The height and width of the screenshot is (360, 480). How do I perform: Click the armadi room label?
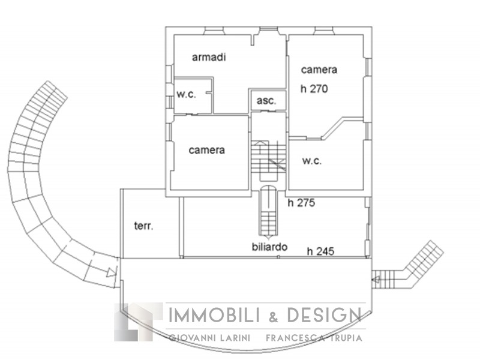pyautogui.click(x=209, y=57)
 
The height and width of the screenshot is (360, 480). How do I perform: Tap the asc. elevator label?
pyautogui.click(x=266, y=101)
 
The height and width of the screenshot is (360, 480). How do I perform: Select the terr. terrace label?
pyautogui.click(x=143, y=226)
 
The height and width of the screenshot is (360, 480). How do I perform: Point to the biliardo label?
pyautogui.click(x=269, y=247)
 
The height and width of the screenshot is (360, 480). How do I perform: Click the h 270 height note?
pyautogui.click(x=314, y=89)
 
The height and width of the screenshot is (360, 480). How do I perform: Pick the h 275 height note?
pyautogui.click(x=301, y=203)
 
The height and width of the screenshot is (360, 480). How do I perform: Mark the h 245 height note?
pyautogui.click(x=321, y=251)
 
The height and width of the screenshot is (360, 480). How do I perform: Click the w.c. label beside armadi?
pyautogui.click(x=186, y=94)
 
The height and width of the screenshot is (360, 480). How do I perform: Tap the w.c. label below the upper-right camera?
pyautogui.click(x=312, y=161)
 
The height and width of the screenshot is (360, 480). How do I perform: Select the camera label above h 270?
pyautogui.click(x=319, y=70)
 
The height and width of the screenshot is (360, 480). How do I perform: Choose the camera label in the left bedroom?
pyautogui.click(x=206, y=150)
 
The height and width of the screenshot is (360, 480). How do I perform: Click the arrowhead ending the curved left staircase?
pyautogui.click(x=112, y=272)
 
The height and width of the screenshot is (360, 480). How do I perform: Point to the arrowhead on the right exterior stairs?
pyautogui.click(x=376, y=279)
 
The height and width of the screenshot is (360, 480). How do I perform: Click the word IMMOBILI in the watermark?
pyautogui.click(x=215, y=315)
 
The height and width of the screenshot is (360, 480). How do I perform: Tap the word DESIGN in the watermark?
pyautogui.click(x=325, y=315)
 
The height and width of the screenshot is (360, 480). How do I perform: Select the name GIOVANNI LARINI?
pyautogui.click(x=210, y=338)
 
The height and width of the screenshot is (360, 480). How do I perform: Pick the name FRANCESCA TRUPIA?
pyautogui.click(x=314, y=338)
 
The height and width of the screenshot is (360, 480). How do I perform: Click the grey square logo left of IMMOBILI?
pyautogui.click(x=139, y=322)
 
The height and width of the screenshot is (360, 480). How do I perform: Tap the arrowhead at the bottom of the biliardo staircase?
pyautogui.click(x=268, y=237)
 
